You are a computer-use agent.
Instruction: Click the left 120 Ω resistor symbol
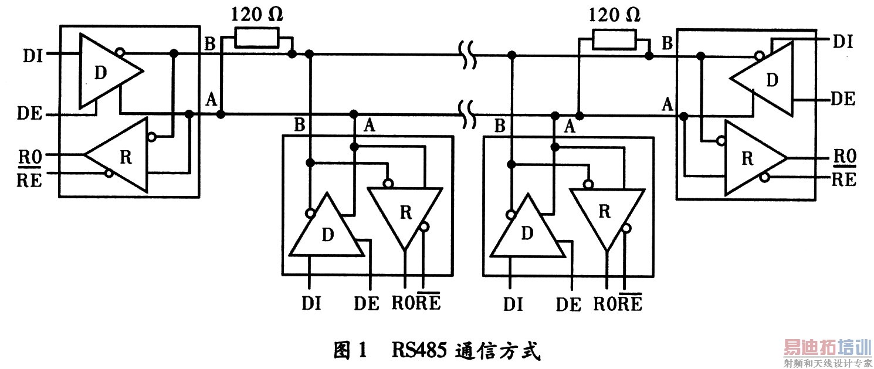tap(256, 38)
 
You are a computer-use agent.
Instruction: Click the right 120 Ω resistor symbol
tap(613, 40)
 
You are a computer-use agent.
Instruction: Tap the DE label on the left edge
tap(32, 114)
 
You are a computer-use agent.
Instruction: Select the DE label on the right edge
tap(843, 98)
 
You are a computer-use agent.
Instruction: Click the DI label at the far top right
tap(843, 41)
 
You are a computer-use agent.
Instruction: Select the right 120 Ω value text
tap(614, 13)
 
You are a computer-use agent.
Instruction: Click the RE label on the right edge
tap(843, 180)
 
